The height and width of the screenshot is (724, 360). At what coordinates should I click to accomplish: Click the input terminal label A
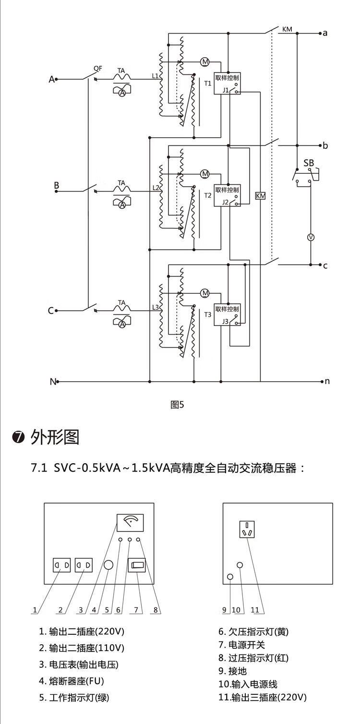point(52,79)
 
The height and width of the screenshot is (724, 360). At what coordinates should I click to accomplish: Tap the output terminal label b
point(325,145)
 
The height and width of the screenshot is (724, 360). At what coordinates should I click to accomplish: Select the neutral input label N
point(52,382)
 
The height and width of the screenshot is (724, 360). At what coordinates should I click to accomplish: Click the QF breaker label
point(97,68)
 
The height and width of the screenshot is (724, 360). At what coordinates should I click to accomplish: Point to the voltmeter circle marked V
point(310,237)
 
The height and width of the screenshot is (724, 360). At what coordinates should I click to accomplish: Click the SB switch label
point(308,163)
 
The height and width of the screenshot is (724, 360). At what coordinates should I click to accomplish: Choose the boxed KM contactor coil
point(260,195)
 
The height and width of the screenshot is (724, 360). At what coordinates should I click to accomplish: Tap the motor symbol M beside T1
point(205,61)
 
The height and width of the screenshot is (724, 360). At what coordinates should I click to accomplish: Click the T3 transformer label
point(207,315)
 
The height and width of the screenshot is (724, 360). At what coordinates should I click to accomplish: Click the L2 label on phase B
point(155,187)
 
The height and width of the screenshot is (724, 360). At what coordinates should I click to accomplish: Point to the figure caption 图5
point(177,405)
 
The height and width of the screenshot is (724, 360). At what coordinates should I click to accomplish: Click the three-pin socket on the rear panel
point(247,530)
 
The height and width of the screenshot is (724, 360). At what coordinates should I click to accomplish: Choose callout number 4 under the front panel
point(94,610)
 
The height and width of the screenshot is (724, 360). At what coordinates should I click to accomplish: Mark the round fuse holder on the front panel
point(108,565)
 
